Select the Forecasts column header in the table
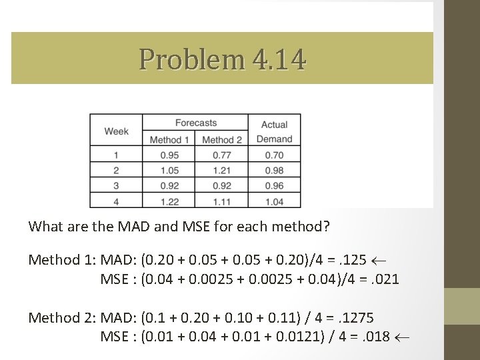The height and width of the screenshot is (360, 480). pyautogui.click(x=195, y=123)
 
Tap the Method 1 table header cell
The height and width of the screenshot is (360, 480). pyautogui.click(x=169, y=139)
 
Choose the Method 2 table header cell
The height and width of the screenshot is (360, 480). pyautogui.click(x=222, y=139)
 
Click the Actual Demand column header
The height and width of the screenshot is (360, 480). pyautogui.click(x=274, y=131)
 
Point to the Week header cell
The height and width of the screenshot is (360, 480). pyautogui.click(x=116, y=131)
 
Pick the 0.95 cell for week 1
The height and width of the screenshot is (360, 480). pyautogui.click(x=169, y=155)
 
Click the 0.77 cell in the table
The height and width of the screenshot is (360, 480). pyautogui.click(x=222, y=155)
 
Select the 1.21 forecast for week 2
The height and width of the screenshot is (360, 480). pyautogui.click(x=222, y=171)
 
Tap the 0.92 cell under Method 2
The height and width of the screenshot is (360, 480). pyautogui.click(x=222, y=185)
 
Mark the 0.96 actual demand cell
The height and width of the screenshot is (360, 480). pyautogui.click(x=274, y=185)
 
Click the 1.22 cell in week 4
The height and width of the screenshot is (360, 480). pyautogui.click(x=169, y=201)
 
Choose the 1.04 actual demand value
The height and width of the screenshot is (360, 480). pyautogui.click(x=274, y=201)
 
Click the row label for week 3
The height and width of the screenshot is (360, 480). pyautogui.click(x=116, y=185)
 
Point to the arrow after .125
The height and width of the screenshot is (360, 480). pyautogui.click(x=379, y=260)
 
